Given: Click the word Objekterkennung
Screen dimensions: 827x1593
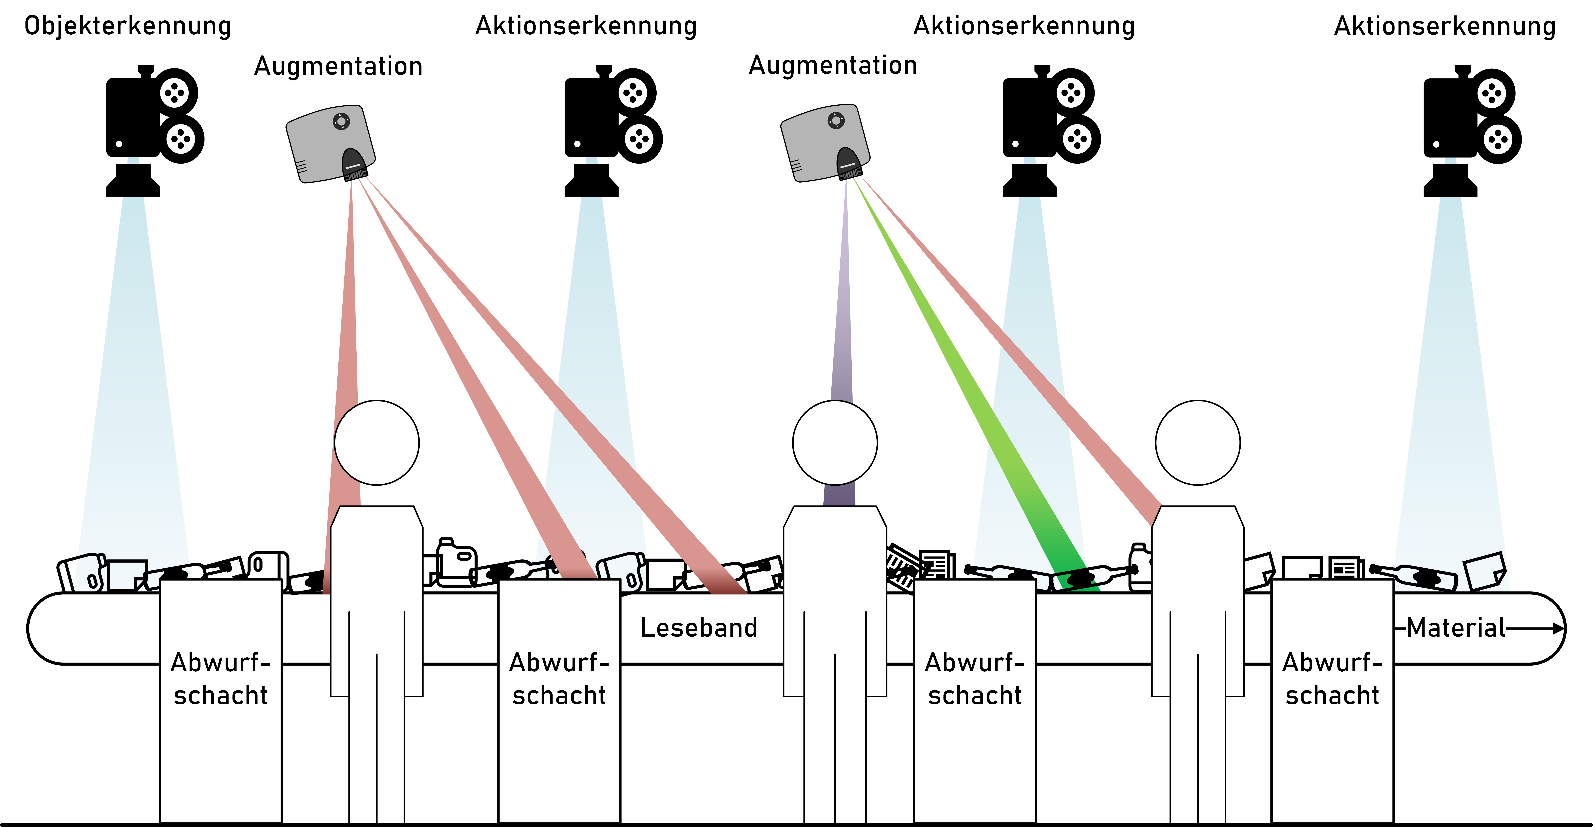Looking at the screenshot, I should (127, 26).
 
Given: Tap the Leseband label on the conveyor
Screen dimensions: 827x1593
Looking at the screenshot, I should (699, 628).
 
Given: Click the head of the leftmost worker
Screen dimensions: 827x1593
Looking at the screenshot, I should (377, 442).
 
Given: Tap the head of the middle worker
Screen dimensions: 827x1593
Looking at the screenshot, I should (835, 442).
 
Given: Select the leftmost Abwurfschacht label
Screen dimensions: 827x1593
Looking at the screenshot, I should (221, 678).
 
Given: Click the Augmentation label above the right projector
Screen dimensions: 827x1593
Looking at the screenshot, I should (833, 65).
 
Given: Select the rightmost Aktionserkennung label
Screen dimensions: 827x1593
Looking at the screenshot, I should (1445, 26).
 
